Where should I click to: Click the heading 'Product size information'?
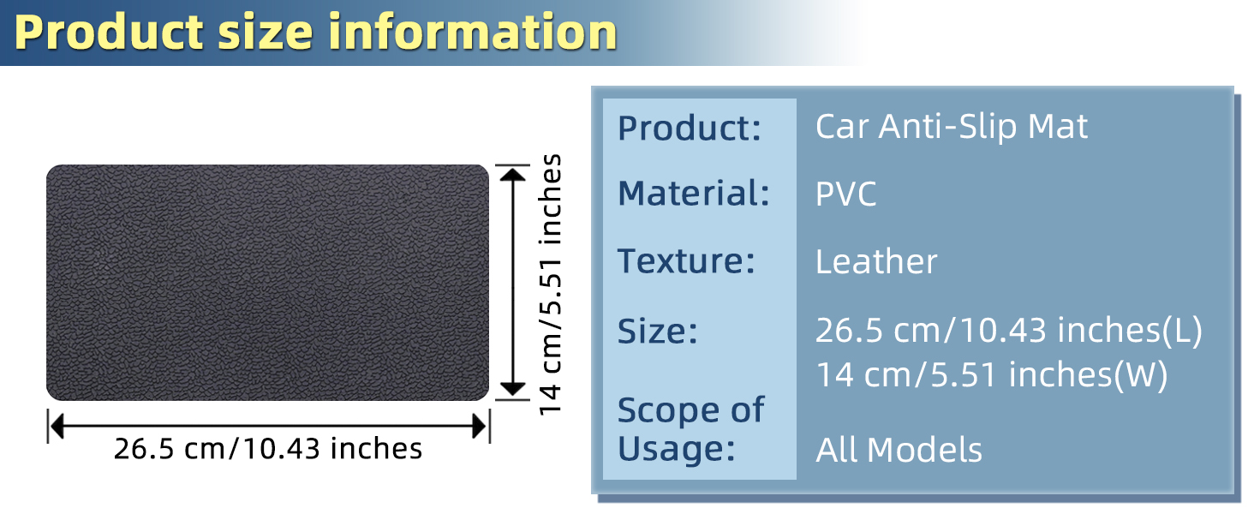[315, 33]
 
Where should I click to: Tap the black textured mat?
[267, 282]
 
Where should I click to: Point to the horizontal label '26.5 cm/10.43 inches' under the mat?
[267, 449]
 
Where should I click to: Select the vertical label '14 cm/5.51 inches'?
[549, 284]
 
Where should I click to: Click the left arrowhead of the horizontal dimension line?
[57, 427]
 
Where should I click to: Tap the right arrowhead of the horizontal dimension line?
[480, 427]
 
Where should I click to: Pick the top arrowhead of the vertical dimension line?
[513, 174]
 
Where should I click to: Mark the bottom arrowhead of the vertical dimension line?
[513, 390]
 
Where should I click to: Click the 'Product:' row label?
[690, 128]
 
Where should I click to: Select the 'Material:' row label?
[694, 193]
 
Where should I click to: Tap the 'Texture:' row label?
[686, 261]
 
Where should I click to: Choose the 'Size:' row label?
[658, 331]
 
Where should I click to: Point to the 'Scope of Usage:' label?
[691, 429]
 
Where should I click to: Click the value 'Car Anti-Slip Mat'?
[951, 127]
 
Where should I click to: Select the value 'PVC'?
[846, 194]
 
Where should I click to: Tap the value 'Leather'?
[876, 261]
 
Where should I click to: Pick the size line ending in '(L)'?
[1009, 331]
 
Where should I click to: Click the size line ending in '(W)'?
[991, 374]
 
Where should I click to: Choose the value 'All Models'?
[899, 450]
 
